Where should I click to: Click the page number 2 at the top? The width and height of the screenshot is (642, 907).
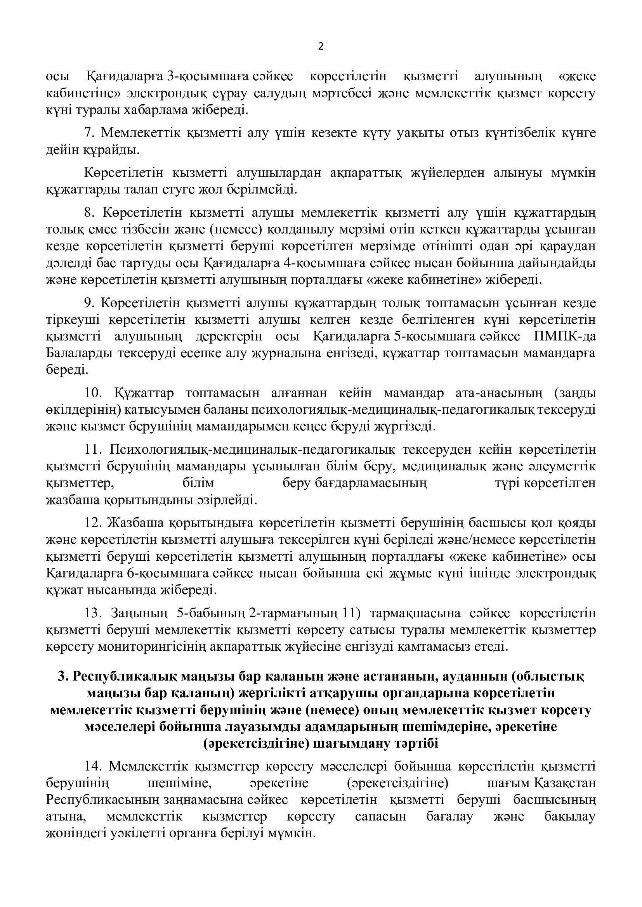point(321,47)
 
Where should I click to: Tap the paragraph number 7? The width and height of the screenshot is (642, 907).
point(90,133)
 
